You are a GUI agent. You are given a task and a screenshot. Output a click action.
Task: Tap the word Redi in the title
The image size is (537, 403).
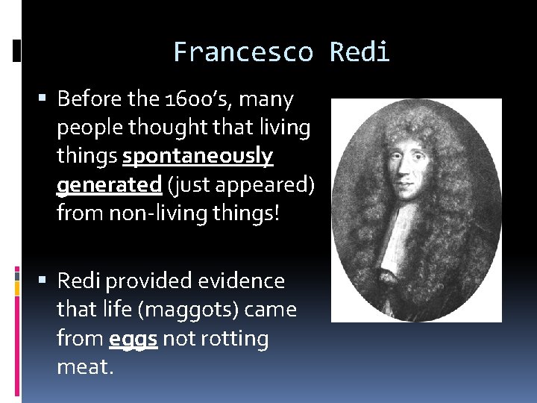(x=359, y=53)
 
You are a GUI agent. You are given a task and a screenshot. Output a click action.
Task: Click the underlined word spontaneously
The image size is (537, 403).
(x=198, y=157)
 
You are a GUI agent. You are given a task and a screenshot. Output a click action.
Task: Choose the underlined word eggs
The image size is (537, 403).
(x=133, y=339)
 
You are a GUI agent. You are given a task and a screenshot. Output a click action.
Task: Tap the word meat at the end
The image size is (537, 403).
(x=84, y=367)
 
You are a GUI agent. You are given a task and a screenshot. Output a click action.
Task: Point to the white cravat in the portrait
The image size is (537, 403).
(x=393, y=239)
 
